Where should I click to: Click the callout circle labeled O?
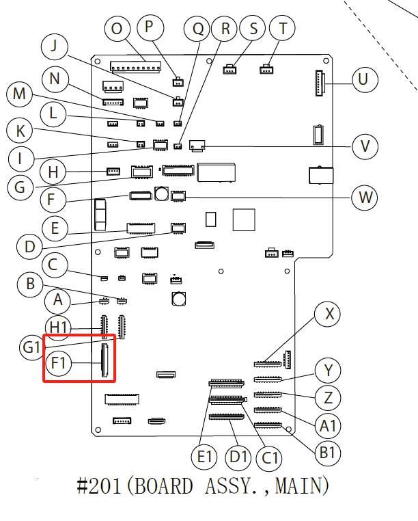pos(118,29)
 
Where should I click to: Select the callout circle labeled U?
pos(363,79)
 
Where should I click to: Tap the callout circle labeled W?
pos(365,198)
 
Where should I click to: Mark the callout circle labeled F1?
pos(59,362)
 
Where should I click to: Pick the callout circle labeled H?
pos(53,171)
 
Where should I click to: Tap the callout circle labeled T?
pos(281,29)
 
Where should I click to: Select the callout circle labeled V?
pos(365,146)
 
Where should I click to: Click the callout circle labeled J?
pos(55,47)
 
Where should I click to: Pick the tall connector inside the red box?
pos(104,361)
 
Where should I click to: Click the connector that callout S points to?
pos(230,68)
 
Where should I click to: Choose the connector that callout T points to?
pos(266,68)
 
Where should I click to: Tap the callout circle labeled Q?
pos(198,29)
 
